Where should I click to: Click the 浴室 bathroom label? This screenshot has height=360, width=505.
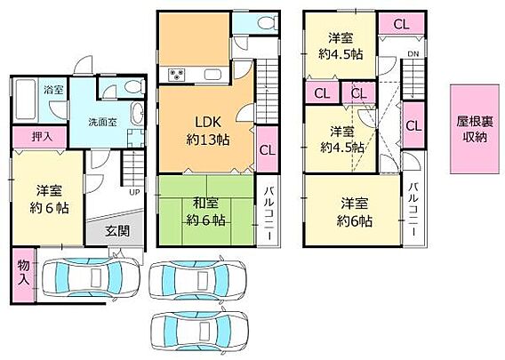coord(53,90)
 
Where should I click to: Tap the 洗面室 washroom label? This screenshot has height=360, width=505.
coord(102,123)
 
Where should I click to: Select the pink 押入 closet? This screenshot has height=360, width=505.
coord(40,137)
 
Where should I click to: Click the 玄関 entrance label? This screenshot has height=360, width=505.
coord(117,231)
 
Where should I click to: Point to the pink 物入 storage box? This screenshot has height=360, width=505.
coord(23,275)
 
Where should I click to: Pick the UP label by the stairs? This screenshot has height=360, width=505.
coord(134,192)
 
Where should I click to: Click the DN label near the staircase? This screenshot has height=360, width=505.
coord(413,54)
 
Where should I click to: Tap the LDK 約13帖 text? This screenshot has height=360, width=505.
coord(208,131)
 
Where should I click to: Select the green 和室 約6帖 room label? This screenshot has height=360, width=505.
coord(205,212)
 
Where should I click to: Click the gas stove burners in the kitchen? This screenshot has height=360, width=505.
coord(176,75)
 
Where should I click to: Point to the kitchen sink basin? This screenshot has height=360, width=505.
coord(212,75)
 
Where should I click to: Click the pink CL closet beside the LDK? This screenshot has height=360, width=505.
coord(267,149)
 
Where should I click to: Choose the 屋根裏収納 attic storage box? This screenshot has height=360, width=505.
coord(475,129)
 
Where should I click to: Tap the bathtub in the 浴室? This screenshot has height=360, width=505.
coord(25,100)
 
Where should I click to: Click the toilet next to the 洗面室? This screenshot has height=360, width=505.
coord(133,86)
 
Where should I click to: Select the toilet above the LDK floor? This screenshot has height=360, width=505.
coord(268,23)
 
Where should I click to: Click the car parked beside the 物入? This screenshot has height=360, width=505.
coord(92,277)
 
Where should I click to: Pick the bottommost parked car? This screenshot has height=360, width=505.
coord(200,331)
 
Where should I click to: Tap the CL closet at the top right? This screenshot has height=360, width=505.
coord(401,24)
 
